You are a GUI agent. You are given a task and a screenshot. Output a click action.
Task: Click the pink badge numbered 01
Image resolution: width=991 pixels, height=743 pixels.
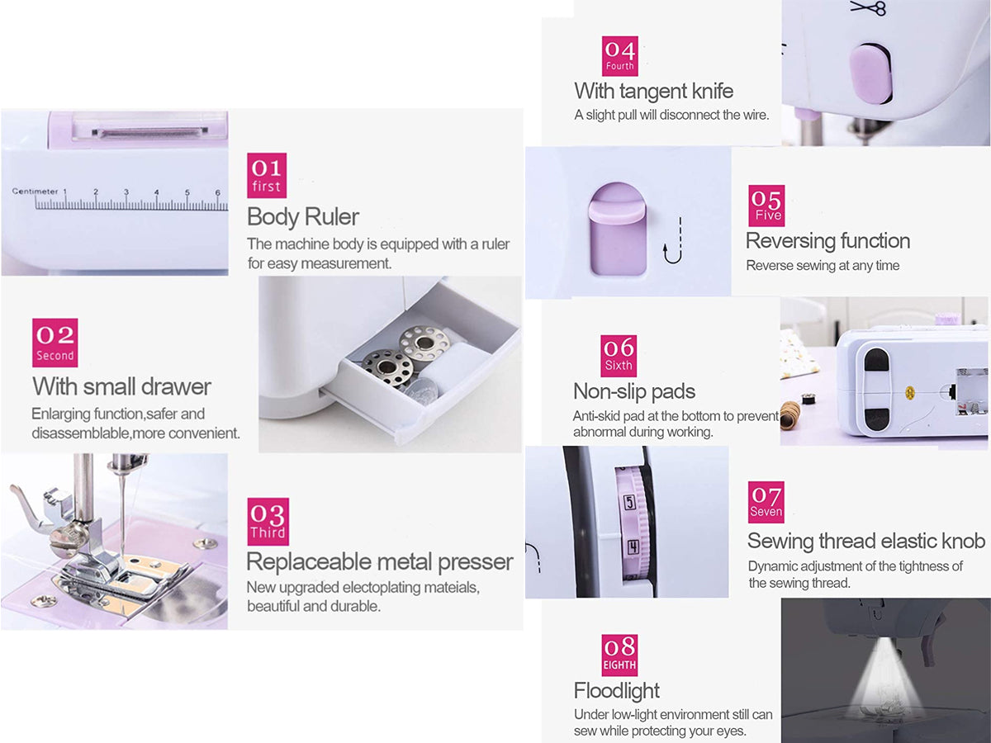pyautogui.click(x=267, y=175)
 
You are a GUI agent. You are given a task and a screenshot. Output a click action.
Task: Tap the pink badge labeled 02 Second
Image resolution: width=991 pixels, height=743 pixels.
pyautogui.click(x=55, y=343)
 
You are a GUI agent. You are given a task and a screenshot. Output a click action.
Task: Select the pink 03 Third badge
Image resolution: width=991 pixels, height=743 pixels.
pyautogui.click(x=268, y=522)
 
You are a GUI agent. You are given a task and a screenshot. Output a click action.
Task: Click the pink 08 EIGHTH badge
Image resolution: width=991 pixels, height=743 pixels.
pyautogui.click(x=619, y=655)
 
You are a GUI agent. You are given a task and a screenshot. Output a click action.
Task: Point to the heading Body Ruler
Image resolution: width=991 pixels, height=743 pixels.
pyautogui.click(x=303, y=216)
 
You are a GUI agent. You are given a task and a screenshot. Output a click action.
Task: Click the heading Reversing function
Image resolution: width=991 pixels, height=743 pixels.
pyautogui.click(x=827, y=240)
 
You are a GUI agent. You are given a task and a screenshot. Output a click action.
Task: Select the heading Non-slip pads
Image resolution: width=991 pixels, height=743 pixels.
pyautogui.click(x=634, y=391)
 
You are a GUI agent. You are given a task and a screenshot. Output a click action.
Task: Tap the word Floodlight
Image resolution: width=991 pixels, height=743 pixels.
pyautogui.click(x=616, y=690)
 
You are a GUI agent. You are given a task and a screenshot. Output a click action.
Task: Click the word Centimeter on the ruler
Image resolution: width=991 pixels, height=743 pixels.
pyautogui.click(x=36, y=192)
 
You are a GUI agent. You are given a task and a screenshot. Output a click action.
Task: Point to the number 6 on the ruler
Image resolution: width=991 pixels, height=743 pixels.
pyautogui.click(x=218, y=192)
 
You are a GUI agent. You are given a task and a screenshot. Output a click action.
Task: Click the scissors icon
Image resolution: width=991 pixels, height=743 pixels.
pyautogui.click(x=868, y=7)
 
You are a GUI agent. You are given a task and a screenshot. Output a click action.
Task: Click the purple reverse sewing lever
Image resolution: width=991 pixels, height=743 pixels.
pyautogui.click(x=617, y=229)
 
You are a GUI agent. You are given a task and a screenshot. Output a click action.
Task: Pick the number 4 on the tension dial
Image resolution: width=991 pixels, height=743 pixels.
pyautogui.click(x=632, y=547)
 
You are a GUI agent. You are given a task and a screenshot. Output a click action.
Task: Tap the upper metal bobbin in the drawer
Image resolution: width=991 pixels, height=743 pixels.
pyautogui.click(x=425, y=343)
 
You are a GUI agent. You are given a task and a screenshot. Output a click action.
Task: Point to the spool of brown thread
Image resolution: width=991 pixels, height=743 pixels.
pyautogui.click(x=789, y=414)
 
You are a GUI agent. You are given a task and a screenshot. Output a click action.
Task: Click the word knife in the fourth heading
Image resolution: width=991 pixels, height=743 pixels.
pyautogui.click(x=712, y=91)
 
